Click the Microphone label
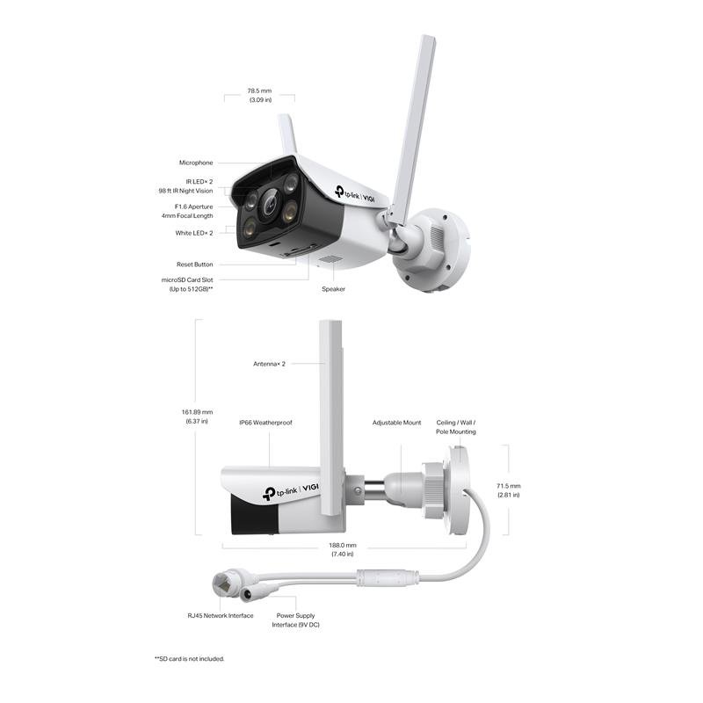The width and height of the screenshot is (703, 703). (x=196, y=163)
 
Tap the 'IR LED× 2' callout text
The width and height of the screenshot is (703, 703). (x=199, y=182)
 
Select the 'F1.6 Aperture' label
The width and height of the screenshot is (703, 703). (x=193, y=207)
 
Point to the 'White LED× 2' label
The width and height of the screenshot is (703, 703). (x=194, y=233)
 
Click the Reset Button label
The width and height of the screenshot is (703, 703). (x=194, y=265)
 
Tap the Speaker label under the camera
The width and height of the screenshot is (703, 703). (x=334, y=289)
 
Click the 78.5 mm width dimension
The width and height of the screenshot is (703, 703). (x=259, y=95)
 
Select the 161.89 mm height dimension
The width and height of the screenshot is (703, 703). (x=197, y=417)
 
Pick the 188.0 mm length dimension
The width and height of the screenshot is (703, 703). (x=343, y=550)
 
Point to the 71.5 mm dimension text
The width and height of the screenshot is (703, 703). (x=509, y=490)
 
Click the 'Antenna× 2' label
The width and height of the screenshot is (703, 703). (x=269, y=364)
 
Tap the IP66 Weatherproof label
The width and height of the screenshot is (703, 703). (x=265, y=423)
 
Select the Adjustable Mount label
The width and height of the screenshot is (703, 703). (x=397, y=423)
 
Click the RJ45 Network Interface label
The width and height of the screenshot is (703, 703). (x=221, y=616)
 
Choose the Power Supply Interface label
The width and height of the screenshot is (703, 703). (x=295, y=620)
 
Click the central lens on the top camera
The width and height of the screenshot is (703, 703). (x=270, y=204)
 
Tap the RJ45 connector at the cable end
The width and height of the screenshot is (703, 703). (x=223, y=583)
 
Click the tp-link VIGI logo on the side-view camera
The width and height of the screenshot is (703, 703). (x=291, y=492)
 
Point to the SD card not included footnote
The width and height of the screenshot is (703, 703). (x=189, y=659)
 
